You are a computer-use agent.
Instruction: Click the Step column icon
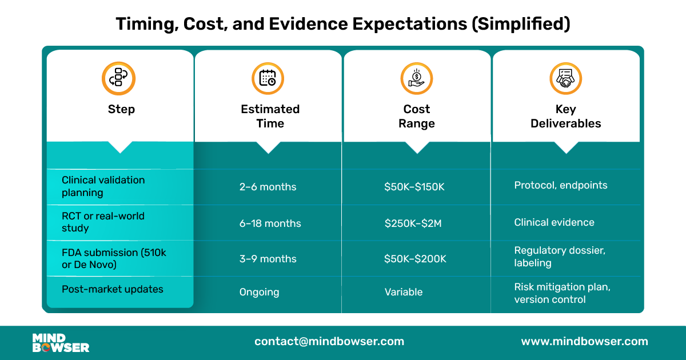pos(119,78)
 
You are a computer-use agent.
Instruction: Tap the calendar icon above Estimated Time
pos(268,78)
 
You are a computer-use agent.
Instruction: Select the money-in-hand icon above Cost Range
pos(417,78)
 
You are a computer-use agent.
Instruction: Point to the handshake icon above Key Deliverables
pos(565,78)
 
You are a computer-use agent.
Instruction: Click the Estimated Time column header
pos(270,116)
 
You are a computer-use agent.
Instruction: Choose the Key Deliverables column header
pos(565,116)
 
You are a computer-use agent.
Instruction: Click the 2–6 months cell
pos(268,187)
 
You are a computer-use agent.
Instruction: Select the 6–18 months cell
pos(270,223)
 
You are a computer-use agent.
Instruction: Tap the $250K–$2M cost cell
pos(413,223)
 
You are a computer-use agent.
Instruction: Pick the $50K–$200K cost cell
pos(415,259)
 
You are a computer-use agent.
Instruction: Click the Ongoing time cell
pos(259,292)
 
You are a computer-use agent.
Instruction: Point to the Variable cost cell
pos(403,292)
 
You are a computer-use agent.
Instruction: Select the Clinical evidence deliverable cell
pos(554,222)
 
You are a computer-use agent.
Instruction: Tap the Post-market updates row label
pos(112,289)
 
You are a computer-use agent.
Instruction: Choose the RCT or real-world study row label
pos(103,222)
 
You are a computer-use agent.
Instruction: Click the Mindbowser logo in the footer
pos(61,342)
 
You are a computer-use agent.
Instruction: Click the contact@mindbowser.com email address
pos(329,342)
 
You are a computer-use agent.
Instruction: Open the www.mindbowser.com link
pos(584,342)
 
